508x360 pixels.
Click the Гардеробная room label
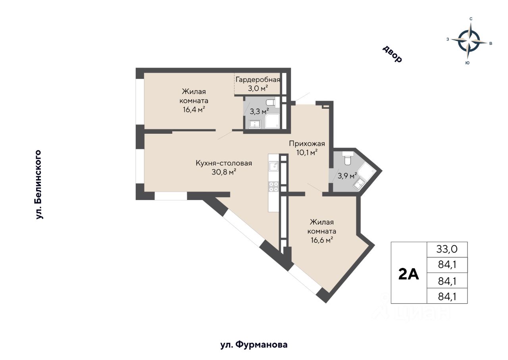tap(258, 80)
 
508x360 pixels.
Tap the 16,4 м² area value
tap(194, 110)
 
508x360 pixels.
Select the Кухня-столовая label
tap(224, 163)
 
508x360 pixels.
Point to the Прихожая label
tap(307, 144)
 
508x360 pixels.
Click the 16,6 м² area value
tap(322, 240)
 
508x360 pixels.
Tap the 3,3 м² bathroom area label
tap(260, 112)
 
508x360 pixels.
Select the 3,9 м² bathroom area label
tap(347, 176)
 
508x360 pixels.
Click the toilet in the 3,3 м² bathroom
tap(271, 102)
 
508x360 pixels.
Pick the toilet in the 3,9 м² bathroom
tap(347, 158)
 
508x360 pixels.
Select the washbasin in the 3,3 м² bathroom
tap(255, 124)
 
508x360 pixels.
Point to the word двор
tap(393, 54)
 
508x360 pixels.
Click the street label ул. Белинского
tap(38, 185)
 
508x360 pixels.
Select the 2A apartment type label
tap(408, 275)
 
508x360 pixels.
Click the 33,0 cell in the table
tap(447, 249)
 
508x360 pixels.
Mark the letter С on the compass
tap(471, 19)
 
